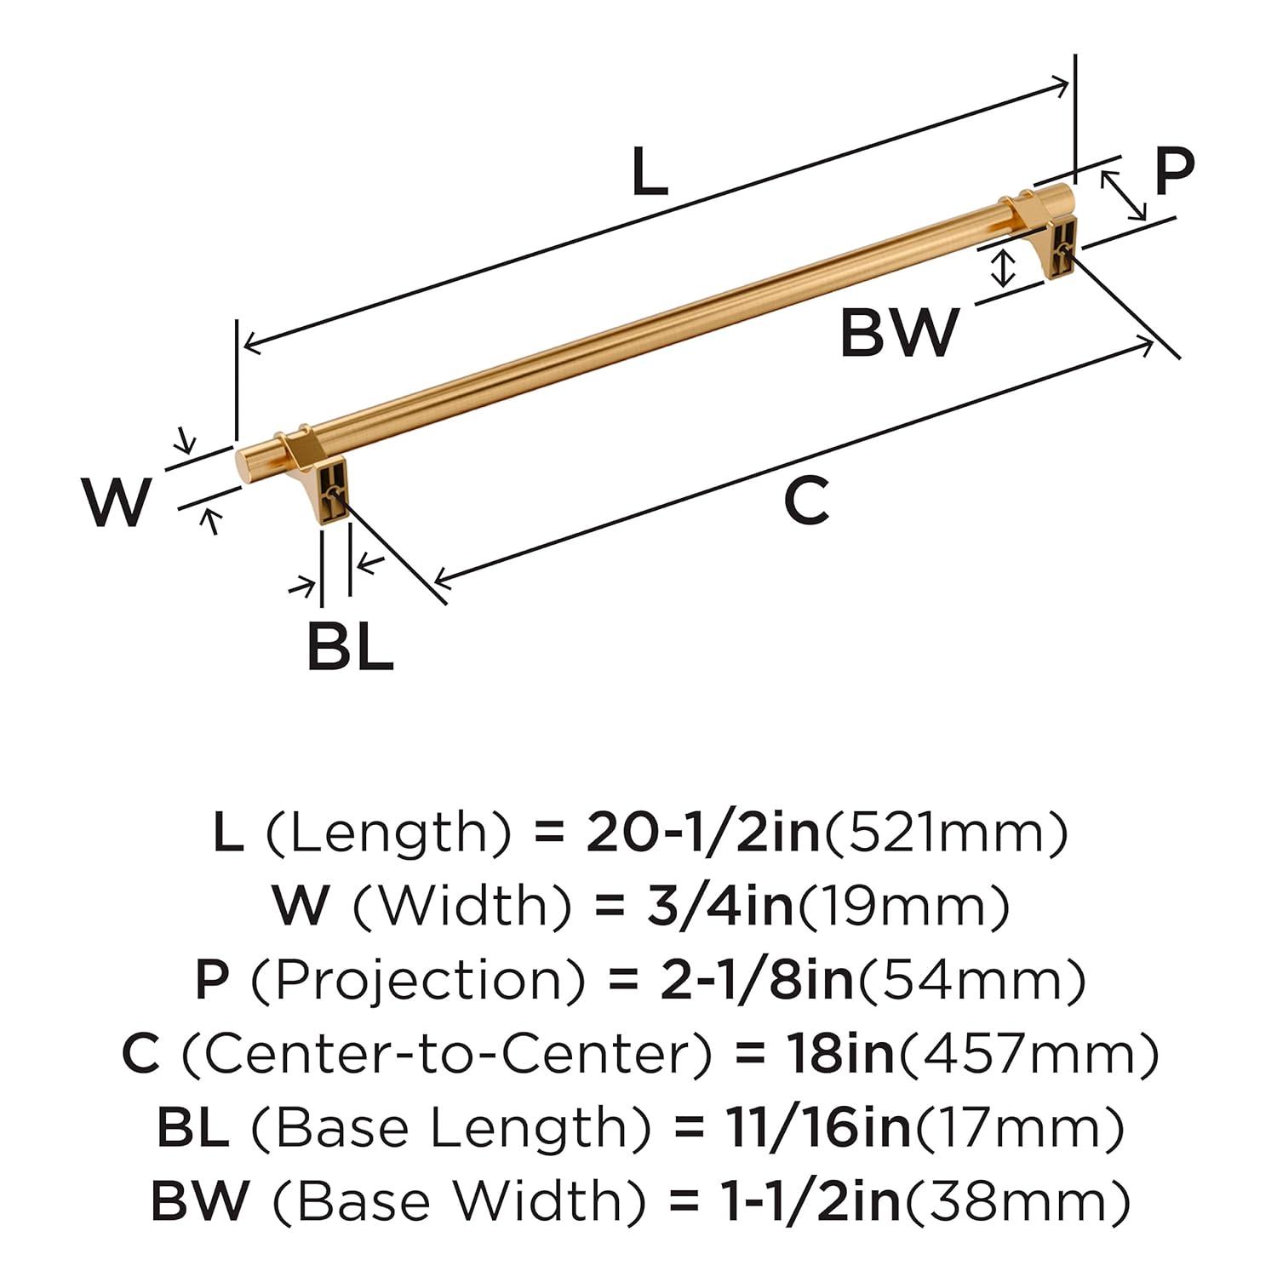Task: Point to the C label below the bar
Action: (805, 501)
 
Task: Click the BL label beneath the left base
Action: (350, 646)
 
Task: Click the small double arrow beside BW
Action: (1005, 268)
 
